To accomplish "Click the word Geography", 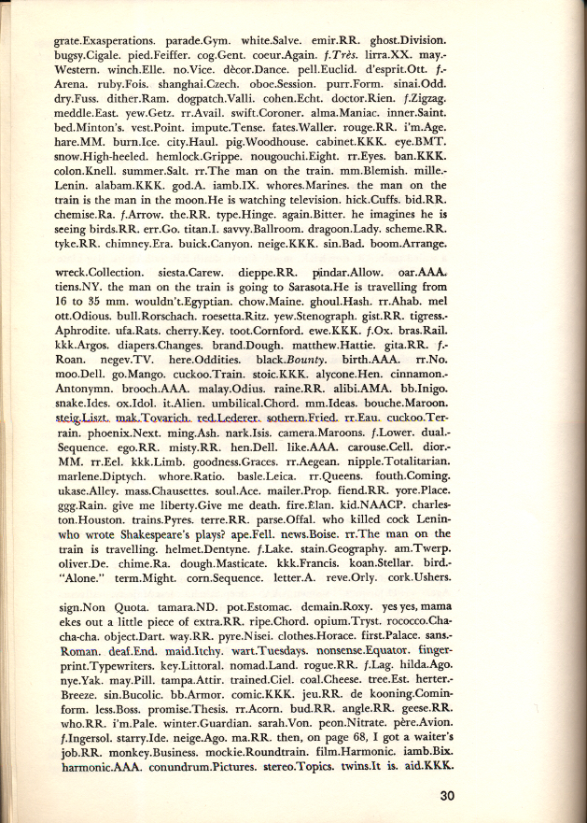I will [351, 564].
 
